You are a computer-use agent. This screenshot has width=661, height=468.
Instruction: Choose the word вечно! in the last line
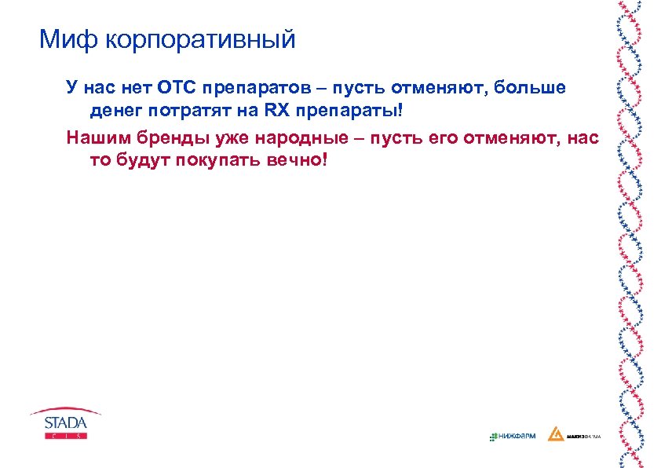[294, 160]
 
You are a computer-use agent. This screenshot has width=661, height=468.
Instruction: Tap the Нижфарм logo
[512, 435]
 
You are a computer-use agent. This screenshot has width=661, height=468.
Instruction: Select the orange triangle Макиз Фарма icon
[555, 434]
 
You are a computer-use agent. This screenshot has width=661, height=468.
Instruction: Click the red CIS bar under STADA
[65, 435]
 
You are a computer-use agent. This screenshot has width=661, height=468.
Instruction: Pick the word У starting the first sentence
[71, 87]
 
